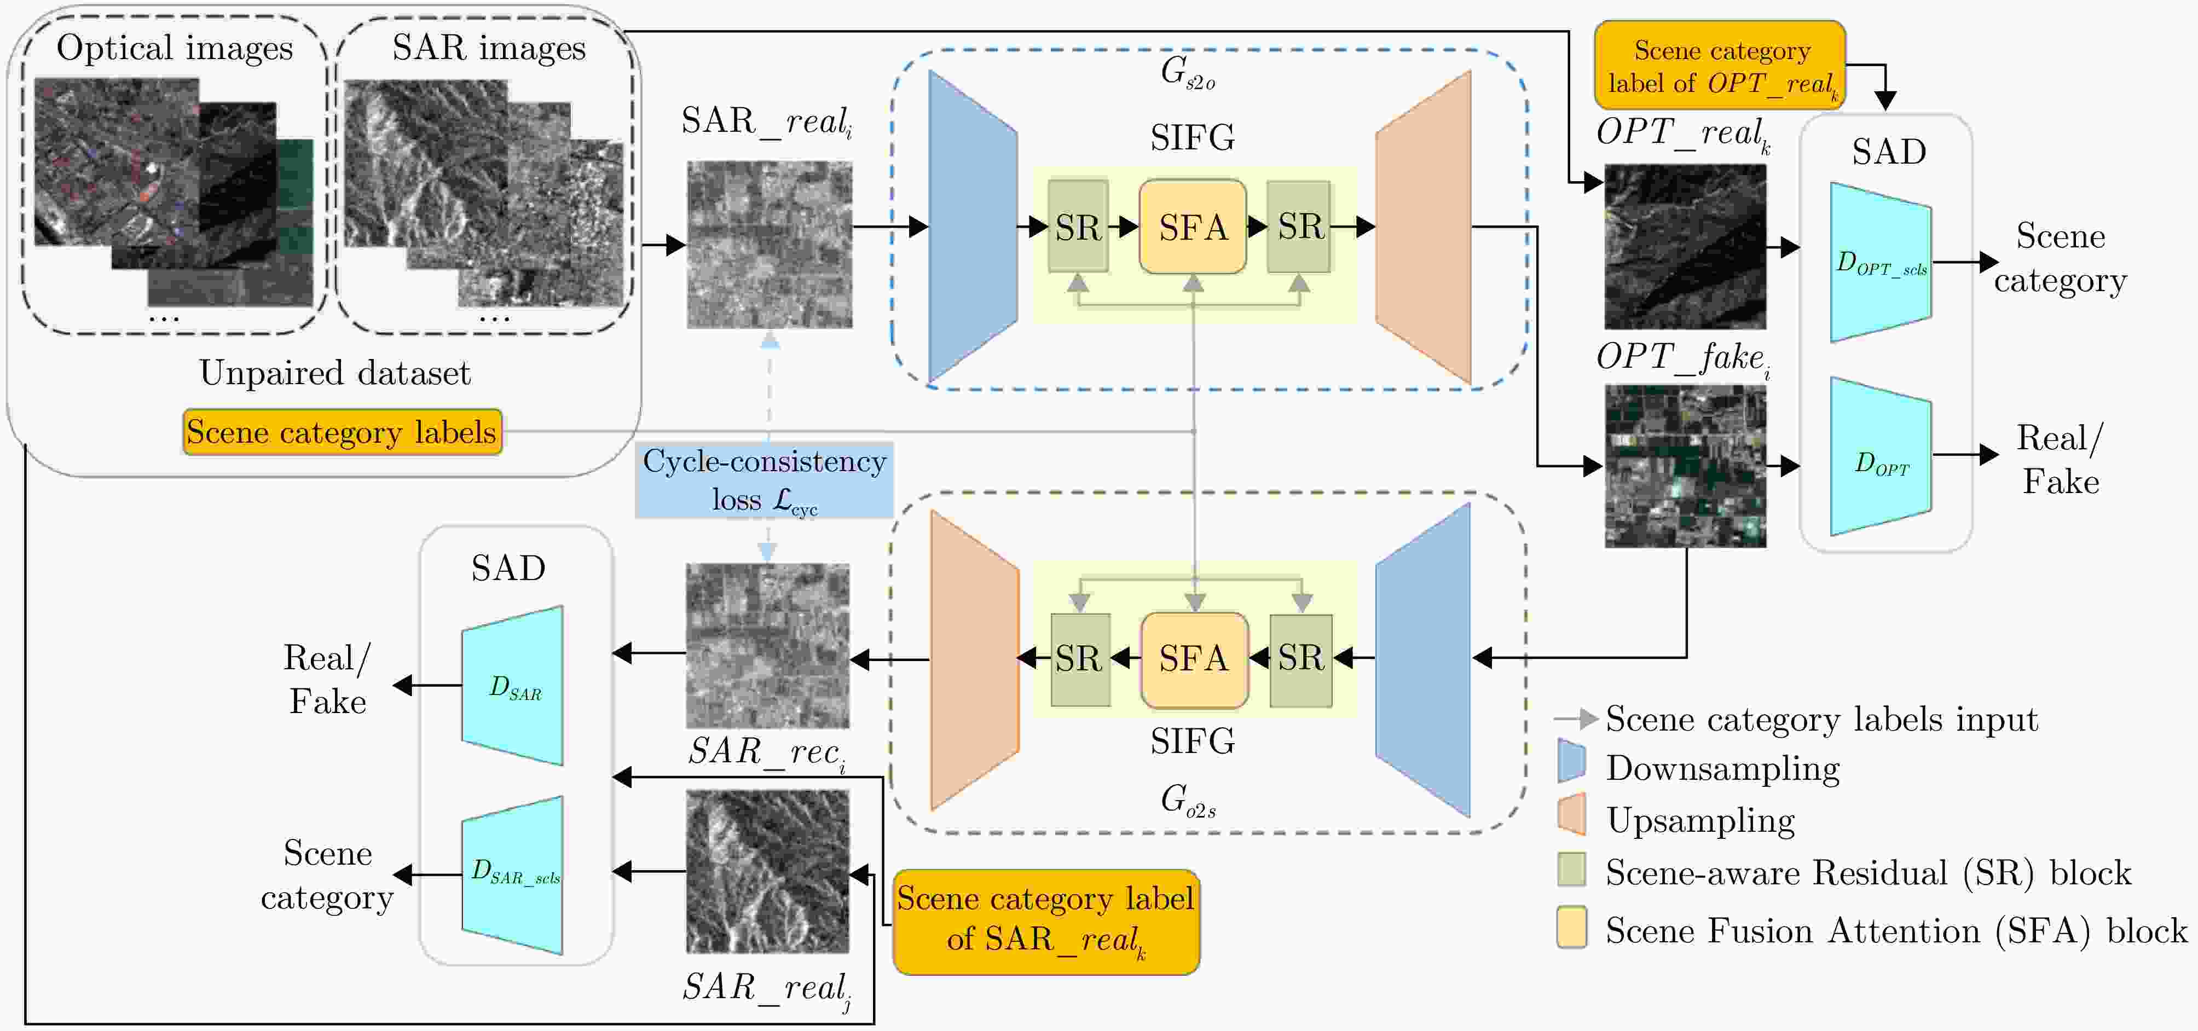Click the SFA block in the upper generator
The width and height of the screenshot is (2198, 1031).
click(x=1192, y=227)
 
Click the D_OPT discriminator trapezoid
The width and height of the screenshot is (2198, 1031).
click(x=1881, y=457)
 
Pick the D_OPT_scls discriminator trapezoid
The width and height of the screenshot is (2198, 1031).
click(x=1881, y=263)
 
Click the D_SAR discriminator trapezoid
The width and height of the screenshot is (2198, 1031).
click(x=513, y=686)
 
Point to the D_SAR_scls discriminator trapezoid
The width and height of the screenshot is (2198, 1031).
click(x=513, y=875)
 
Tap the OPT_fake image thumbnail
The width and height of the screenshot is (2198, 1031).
click(x=1685, y=466)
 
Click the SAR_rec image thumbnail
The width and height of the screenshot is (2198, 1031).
click(x=768, y=646)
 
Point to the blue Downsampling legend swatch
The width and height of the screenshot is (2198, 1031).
click(x=1571, y=761)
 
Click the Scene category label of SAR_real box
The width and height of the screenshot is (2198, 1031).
click(x=1046, y=922)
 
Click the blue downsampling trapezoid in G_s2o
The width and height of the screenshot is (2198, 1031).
click(x=972, y=227)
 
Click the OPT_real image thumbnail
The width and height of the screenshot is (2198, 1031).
click(x=1685, y=247)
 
